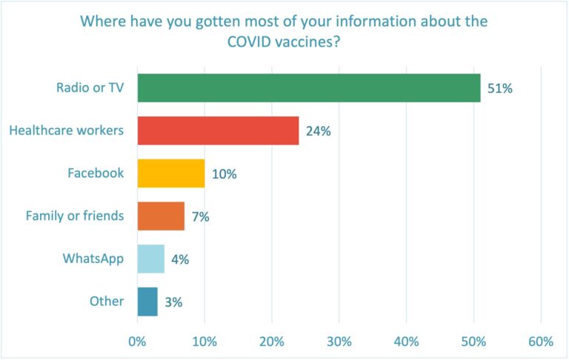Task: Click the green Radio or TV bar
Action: coord(309,88)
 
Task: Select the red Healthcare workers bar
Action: coord(218,131)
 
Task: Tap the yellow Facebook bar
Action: coord(171,173)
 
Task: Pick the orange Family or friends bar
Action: coord(161,216)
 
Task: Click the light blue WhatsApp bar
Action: coord(150,259)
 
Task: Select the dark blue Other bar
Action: coord(147,301)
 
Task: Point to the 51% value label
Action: coord(500,89)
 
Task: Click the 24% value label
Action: coord(318,132)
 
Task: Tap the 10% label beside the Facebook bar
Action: coord(224,174)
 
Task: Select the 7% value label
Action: coord(200,217)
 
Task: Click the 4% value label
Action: coord(181,259)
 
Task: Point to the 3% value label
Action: coord(173,302)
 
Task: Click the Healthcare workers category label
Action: coord(66,131)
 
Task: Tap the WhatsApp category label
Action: coord(93,259)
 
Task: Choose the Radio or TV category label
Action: coord(90,88)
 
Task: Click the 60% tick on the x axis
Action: coord(541,341)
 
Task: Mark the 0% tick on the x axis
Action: coord(137,341)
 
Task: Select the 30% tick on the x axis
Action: coord(339,341)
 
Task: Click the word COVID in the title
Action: coord(256,43)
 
